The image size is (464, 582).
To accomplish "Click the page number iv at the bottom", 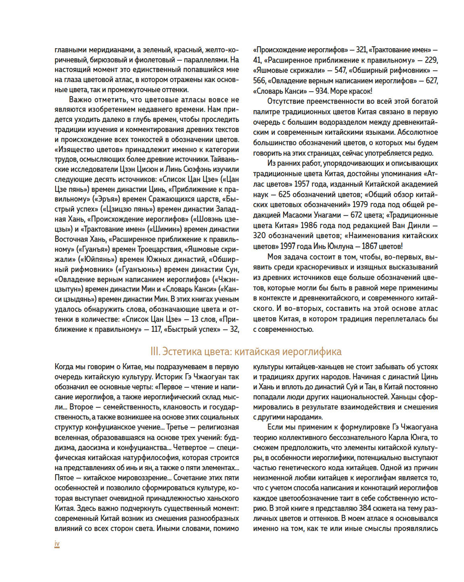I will (x=57, y=544).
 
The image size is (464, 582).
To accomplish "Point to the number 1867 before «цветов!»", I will (x=367, y=247).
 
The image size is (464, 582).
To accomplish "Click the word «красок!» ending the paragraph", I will (x=359, y=91).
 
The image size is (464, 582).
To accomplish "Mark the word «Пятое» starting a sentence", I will (x=64, y=478).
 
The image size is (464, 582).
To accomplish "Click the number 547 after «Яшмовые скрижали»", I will (x=341, y=70).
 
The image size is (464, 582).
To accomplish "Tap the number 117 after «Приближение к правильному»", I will (x=150, y=330).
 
